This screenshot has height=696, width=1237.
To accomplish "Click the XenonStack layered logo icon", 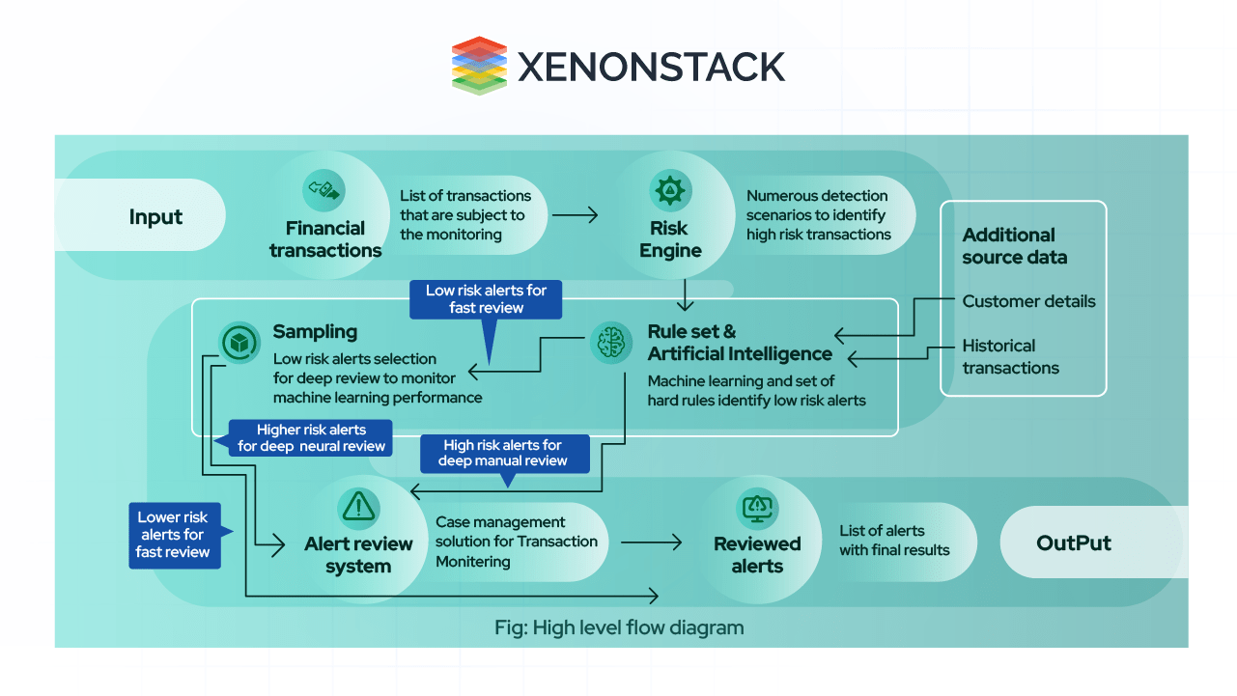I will click(479, 66).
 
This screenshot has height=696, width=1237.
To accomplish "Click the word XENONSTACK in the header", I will click(652, 68).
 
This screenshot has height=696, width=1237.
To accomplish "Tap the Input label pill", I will click(155, 216).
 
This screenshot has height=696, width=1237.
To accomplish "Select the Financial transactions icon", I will click(323, 190).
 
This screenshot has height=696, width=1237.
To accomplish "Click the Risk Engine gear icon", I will click(669, 190).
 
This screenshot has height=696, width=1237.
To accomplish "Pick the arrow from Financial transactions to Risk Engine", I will click(575, 215).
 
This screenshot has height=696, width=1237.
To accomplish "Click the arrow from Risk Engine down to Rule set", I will click(685, 294).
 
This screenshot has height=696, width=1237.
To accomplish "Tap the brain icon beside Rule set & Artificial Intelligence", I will click(610, 343).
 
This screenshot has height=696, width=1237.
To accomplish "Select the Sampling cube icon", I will click(238, 343).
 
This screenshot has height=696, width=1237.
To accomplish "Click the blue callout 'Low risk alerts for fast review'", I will click(486, 299).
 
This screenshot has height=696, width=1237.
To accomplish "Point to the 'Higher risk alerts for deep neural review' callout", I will click(311, 437).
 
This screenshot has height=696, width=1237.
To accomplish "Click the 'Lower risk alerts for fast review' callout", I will click(173, 535).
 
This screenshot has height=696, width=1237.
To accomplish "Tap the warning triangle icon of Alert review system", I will click(358, 505).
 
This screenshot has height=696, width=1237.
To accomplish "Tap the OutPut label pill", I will click(1073, 543).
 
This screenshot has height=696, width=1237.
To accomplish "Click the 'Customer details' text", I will click(1028, 301).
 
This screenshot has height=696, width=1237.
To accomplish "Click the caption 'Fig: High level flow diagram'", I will click(619, 627).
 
